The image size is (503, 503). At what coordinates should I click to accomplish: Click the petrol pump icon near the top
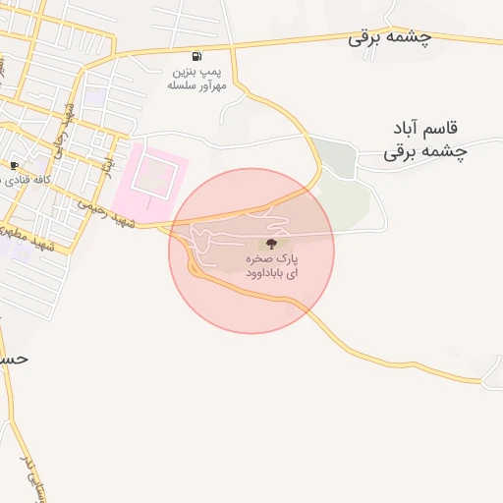pos(197,56)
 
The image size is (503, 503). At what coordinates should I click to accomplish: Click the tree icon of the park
pos(271,242)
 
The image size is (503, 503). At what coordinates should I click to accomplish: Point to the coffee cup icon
pos(15,165)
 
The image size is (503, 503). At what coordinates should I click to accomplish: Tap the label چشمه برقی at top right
pos(390,38)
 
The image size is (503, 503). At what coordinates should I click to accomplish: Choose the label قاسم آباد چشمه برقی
pos(425,140)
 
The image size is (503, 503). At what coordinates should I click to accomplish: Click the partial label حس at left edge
pos(14,359)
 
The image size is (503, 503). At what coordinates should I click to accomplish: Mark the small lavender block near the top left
pos(95,96)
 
